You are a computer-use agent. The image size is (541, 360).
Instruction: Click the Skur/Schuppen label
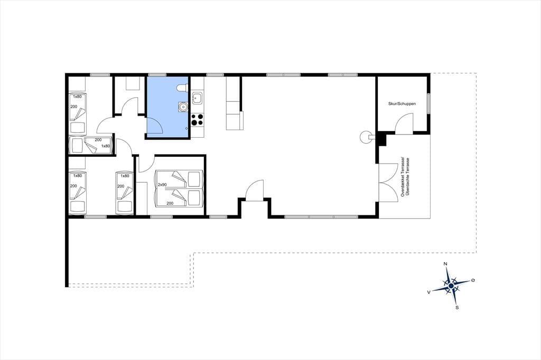click(402, 103)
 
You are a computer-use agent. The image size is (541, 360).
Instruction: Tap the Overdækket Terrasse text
click(402, 177)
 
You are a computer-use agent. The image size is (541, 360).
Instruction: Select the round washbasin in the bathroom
click(183, 107)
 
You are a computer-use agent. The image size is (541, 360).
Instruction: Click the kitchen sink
click(198, 98)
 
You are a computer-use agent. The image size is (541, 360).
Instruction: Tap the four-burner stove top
click(198, 120)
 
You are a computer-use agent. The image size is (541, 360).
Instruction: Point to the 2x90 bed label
click(162, 185)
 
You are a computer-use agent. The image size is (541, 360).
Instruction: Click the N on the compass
click(445, 264)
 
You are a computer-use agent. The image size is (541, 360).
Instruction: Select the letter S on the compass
click(457, 308)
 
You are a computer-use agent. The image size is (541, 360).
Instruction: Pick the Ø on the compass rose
click(473, 280)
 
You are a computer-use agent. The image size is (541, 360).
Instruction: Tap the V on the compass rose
click(429, 292)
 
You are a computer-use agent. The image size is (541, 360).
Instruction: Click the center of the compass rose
click(451, 286)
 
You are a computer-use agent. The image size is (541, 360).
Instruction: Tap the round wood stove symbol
click(365, 137)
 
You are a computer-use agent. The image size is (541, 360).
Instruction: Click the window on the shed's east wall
click(428, 103)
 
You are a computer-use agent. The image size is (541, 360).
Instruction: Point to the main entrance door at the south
click(254, 190)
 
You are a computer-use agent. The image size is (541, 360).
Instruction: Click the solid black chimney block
click(381, 139)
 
